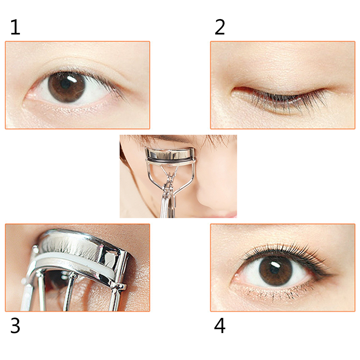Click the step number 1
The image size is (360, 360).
click(15, 27)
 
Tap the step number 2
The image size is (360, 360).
click(220, 27)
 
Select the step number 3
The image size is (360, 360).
click(15, 326)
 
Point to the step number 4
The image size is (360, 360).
click(220, 326)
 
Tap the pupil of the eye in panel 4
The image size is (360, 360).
click(275, 269)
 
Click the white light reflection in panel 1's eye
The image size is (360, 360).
click(72, 80)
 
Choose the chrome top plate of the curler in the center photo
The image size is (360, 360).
click(170, 153)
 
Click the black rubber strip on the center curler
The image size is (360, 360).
click(170, 160)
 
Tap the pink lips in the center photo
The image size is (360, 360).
click(226, 214)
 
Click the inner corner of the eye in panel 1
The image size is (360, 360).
click(28, 96)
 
